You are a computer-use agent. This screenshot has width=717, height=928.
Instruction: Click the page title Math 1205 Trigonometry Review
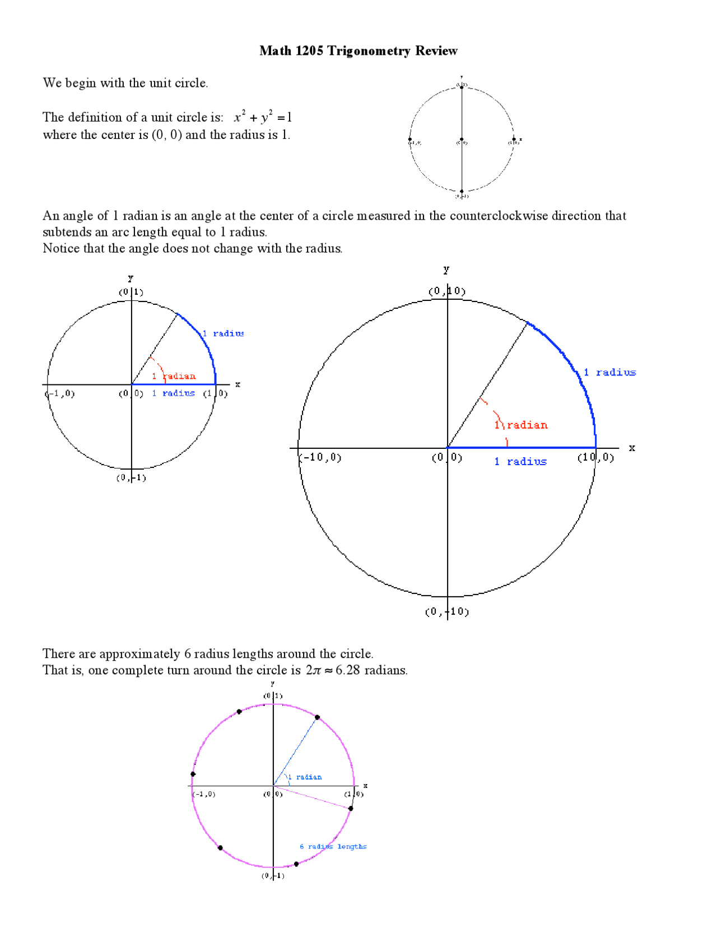[358, 51]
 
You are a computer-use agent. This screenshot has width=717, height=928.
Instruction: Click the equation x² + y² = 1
[263, 117]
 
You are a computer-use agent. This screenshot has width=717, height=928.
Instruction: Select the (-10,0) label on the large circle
[320, 457]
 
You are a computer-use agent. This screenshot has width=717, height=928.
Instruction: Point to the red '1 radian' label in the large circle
[522, 425]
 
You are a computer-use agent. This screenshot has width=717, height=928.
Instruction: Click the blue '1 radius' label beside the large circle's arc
[610, 373]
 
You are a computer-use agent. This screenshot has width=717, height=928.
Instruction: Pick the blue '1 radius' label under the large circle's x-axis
[520, 462]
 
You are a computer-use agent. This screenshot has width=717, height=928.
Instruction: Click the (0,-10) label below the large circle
[446, 611]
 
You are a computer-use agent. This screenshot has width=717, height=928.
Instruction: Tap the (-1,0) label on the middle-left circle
[60, 393]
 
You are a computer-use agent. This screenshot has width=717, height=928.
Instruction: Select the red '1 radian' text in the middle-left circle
[174, 376]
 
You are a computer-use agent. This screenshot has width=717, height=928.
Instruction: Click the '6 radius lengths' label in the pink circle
[333, 846]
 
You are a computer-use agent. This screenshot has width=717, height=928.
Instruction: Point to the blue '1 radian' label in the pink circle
[305, 777]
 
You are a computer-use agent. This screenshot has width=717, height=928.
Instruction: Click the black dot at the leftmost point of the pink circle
[193, 774]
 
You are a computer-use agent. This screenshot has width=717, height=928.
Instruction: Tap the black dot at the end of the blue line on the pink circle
[317, 717]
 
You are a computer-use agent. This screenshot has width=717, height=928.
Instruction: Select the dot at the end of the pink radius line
[351, 809]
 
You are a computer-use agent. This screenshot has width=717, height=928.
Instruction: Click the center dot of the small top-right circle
[462, 140]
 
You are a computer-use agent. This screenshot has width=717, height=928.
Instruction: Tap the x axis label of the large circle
[632, 448]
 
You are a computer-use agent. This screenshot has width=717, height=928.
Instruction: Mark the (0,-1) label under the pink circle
[273, 876]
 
